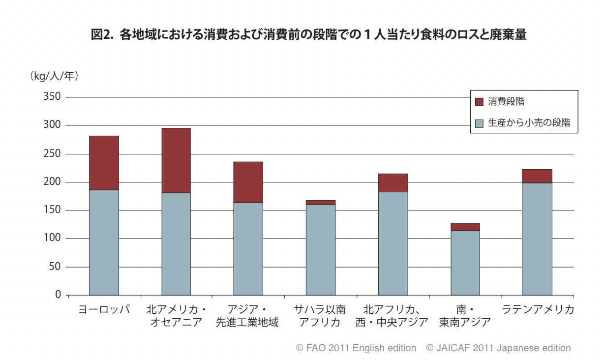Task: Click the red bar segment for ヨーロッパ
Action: pyautogui.click(x=104, y=163)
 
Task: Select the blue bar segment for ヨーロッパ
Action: pyautogui.click(x=104, y=242)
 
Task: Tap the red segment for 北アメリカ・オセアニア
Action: pyautogui.click(x=176, y=160)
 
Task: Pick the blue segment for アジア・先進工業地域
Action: pyautogui.click(x=248, y=248)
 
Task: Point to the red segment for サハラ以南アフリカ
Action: pyautogui.click(x=320, y=203)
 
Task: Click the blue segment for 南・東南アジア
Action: pyautogui.click(x=465, y=263)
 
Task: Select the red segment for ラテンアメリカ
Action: pyautogui.click(x=537, y=176)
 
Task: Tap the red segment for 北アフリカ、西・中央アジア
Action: pyautogui.click(x=393, y=182)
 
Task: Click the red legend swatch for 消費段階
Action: pyautogui.click(x=479, y=102)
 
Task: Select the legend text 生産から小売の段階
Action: pyautogui.click(x=529, y=123)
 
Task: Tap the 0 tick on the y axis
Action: pyautogui.click(x=58, y=295)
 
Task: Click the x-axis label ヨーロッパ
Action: pyautogui.click(x=104, y=310)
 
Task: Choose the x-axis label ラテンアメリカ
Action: pyautogui.click(x=537, y=310)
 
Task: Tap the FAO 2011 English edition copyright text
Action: pyautogui.click(x=356, y=348)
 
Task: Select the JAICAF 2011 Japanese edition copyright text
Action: pyautogui.click(x=498, y=348)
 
